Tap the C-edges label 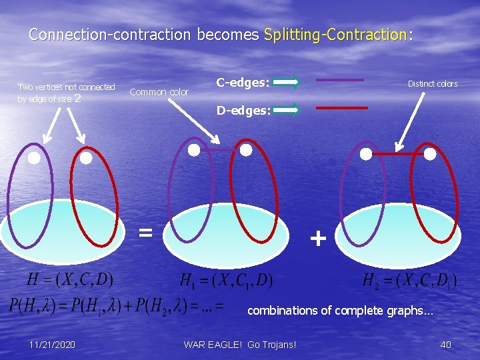tap(243, 83)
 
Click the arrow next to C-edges tap(286, 83)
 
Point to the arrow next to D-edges tap(286, 110)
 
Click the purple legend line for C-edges tap(339, 80)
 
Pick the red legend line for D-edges tap(341, 107)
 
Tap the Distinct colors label tap(433, 84)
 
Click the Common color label tap(159, 92)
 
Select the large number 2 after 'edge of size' tap(78, 99)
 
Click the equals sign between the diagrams tap(145, 232)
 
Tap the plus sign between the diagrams tap(318, 238)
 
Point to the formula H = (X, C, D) tap(70, 278)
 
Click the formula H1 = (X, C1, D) tap(227, 280)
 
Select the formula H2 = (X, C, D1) tap(409, 280)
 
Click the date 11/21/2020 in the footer tap(52, 344)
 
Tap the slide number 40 tap(445, 344)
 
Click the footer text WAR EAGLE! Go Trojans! tap(239, 344)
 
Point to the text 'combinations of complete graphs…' tap(340, 310)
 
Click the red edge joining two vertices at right tap(398, 154)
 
